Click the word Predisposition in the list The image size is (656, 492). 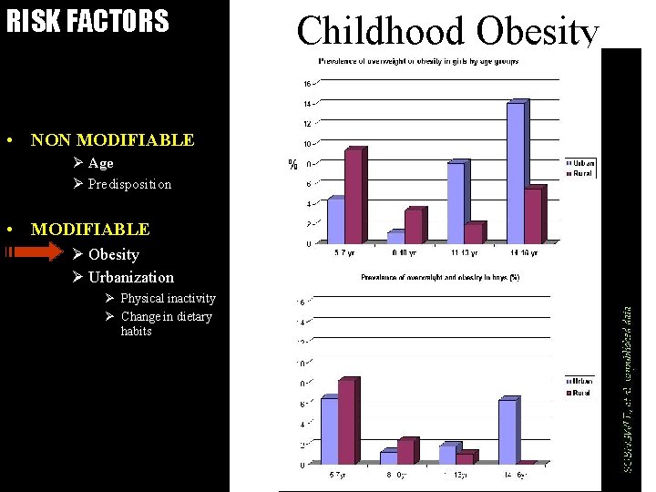129,184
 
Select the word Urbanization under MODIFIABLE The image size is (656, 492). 130,277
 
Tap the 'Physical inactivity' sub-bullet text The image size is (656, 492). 168,298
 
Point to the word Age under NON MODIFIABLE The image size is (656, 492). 100,163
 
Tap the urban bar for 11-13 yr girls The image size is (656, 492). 456,201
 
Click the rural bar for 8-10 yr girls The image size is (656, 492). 414,225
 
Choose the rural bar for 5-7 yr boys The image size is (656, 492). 346,421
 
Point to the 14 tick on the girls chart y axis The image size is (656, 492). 308,103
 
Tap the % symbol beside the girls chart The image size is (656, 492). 292,165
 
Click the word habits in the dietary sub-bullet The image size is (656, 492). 136,332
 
